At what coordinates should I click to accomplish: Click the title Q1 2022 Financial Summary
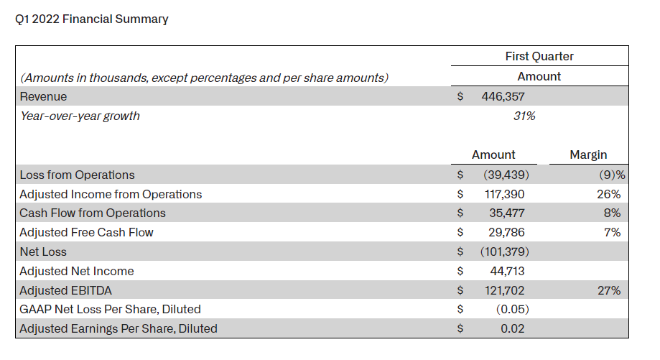point(92,19)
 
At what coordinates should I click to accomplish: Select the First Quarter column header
point(539,57)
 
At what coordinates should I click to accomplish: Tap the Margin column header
point(588,155)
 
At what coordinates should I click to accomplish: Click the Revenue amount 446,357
point(503,97)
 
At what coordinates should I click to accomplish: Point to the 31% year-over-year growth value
point(524,116)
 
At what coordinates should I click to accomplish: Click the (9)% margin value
point(612,175)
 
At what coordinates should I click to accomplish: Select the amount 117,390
point(504,194)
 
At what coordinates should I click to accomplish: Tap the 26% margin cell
point(608,194)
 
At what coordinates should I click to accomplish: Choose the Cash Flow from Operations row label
point(93,213)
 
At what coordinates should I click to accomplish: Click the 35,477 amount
point(507,213)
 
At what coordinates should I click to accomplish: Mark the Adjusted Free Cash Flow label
point(86,232)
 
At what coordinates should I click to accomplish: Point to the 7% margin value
point(612,232)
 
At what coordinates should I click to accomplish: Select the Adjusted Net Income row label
point(77,271)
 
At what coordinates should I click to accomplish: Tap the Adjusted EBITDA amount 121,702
point(504,290)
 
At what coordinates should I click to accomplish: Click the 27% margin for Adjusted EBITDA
point(608,290)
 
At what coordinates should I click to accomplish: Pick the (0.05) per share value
point(512,310)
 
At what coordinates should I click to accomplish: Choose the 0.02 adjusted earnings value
point(512,329)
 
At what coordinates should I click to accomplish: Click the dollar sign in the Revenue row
point(460,97)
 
